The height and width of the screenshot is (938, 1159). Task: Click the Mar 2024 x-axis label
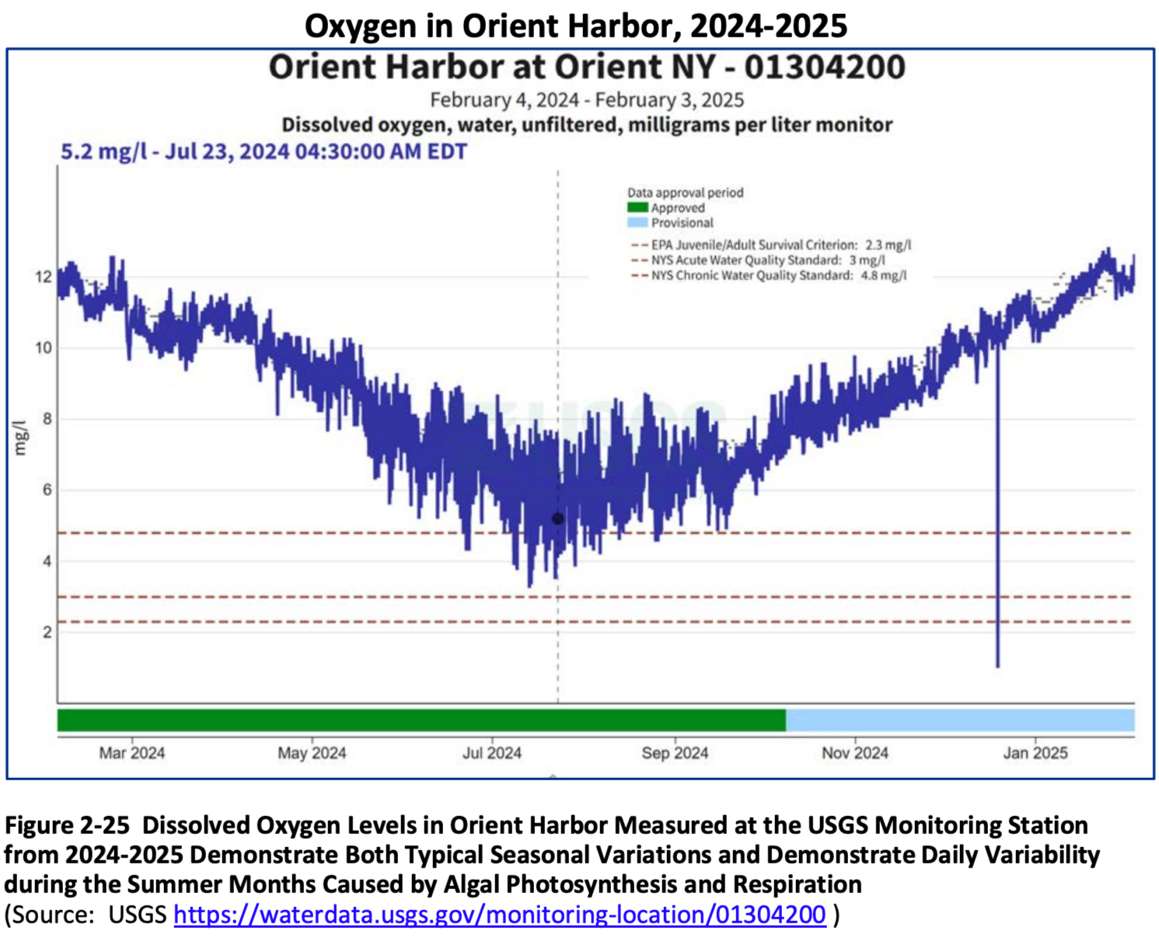[x=131, y=752]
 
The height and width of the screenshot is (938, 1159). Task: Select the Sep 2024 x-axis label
[x=675, y=752]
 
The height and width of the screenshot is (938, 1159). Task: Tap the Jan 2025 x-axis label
[x=1035, y=752]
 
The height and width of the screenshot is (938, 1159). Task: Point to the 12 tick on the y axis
[x=44, y=277]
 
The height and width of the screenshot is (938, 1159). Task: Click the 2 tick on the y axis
[x=47, y=632]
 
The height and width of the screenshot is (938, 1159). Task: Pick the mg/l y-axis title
[x=20, y=438]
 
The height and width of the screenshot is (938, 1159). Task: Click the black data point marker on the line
[x=557, y=518]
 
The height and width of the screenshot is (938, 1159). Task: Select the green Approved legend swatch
[x=637, y=207]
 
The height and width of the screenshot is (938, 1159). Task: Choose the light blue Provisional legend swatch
[x=637, y=222]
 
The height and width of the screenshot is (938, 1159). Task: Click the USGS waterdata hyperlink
[x=499, y=914]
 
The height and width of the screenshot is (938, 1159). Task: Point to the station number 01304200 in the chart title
[x=825, y=67]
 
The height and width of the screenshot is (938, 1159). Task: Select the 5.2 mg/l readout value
[x=103, y=151]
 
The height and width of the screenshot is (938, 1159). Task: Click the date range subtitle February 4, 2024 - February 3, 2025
[x=587, y=100]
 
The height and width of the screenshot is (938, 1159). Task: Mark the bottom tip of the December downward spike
[x=997, y=666]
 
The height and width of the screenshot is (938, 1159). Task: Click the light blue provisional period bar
[x=959, y=720]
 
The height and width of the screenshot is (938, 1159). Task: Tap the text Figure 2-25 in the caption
[x=67, y=825]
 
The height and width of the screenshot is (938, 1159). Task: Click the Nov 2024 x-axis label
[x=855, y=752]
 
